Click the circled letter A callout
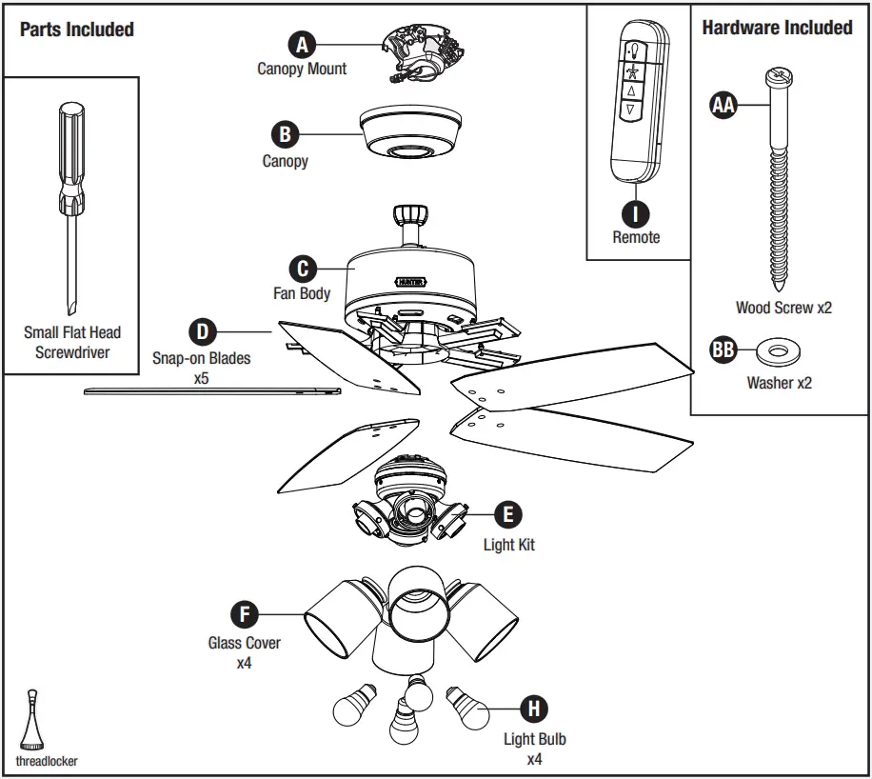click(302, 44)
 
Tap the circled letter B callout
click(285, 134)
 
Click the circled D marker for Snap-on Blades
click(202, 332)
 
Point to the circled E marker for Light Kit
click(508, 515)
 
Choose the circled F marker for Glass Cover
click(245, 614)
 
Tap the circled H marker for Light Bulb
click(534, 709)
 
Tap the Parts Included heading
click(77, 30)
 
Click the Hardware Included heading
click(777, 28)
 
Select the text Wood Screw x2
click(783, 309)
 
